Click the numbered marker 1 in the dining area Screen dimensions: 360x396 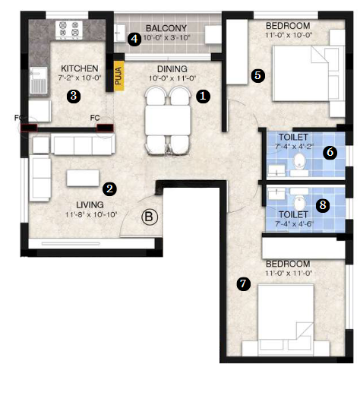(x=203, y=97)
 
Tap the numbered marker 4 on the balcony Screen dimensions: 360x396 (x=134, y=39)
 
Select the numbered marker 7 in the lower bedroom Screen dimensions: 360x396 (x=243, y=284)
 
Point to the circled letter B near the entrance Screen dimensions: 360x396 (x=150, y=217)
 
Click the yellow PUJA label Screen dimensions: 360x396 (x=118, y=76)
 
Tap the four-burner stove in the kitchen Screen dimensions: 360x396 (x=69, y=30)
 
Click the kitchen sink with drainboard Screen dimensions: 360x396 (x=39, y=80)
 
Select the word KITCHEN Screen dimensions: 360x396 (x=80, y=68)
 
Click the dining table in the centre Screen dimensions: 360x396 (x=168, y=120)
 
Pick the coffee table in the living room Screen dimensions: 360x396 (x=83, y=178)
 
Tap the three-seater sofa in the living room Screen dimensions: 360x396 (x=83, y=144)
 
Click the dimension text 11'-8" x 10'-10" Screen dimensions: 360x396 (x=91, y=214)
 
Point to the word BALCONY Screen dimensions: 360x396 (x=166, y=28)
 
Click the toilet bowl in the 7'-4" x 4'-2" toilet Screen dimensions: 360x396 (x=299, y=160)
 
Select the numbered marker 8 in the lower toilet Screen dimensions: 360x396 (x=323, y=205)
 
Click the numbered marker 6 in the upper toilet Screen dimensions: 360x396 (x=330, y=152)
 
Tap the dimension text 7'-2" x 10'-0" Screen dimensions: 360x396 (x=80, y=78)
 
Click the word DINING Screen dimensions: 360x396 (x=172, y=69)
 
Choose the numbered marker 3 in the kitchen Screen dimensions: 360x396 (x=74, y=96)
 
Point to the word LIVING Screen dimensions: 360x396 (x=90, y=204)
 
